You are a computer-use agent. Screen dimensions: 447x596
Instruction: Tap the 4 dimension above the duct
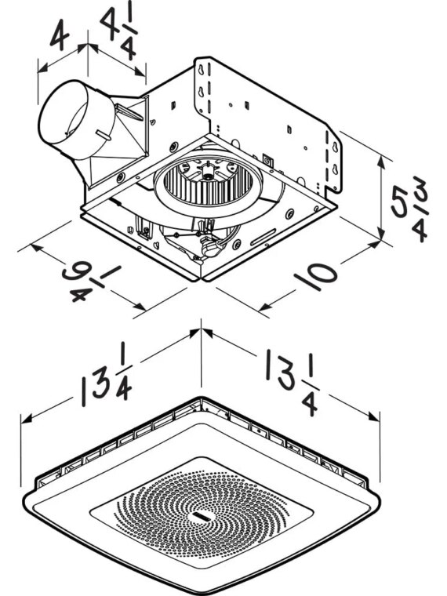[x=60, y=35]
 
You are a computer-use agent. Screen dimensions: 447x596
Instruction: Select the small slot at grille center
[x=201, y=515]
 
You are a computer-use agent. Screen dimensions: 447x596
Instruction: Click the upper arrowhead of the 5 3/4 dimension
[x=382, y=162]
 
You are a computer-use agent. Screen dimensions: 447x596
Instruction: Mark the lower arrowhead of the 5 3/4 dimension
[x=381, y=233]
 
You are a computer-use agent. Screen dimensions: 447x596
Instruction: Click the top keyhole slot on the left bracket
[x=200, y=70]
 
